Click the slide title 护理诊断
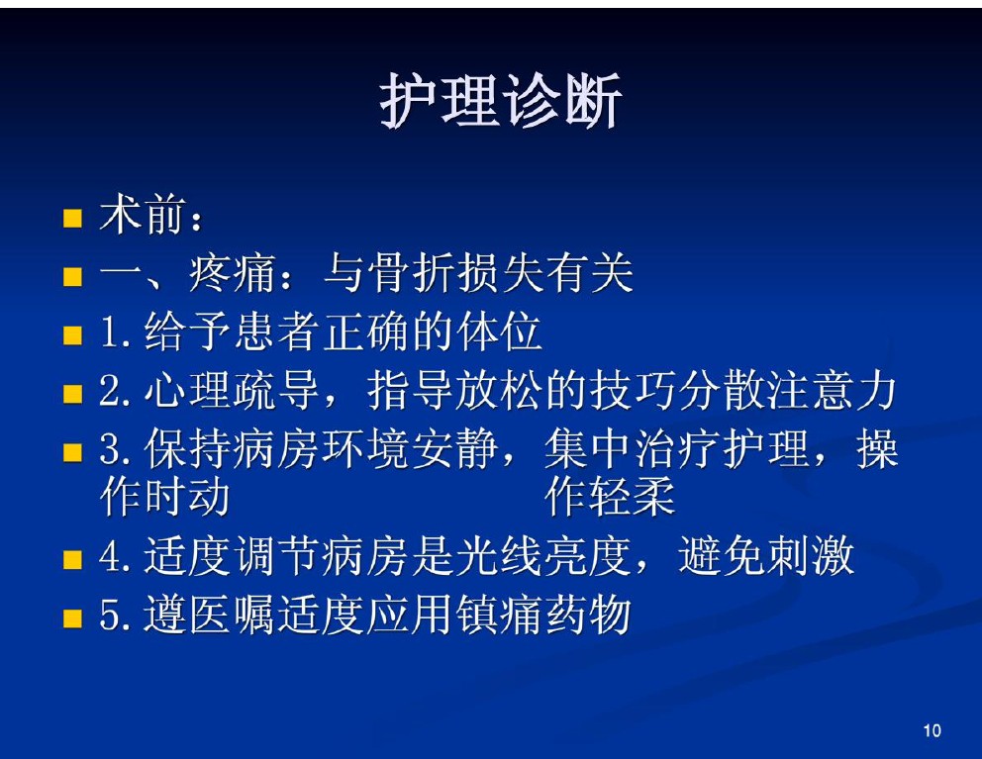click(500, 100)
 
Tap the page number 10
click(932, 730)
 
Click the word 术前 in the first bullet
click(144, 215)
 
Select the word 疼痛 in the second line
click(233, 273)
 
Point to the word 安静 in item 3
click(454, 449)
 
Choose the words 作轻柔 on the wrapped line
click(610, 497)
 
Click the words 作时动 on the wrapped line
click(164, 497)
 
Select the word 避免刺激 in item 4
click(766, 555)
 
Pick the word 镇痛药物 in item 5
click(543, 615)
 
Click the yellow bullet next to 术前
click(72, 219)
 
